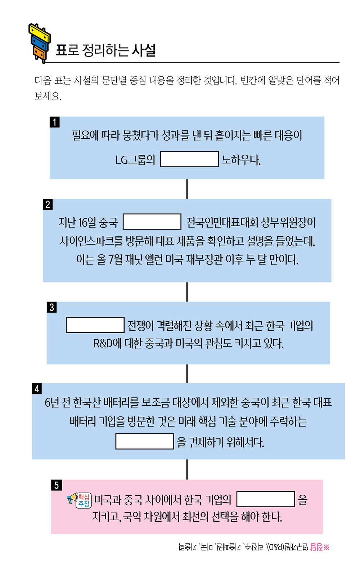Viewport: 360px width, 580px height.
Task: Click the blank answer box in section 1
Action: [189, 159]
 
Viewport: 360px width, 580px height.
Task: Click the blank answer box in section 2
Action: [152, 222]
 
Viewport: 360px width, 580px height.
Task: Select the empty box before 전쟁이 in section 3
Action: [95, 325]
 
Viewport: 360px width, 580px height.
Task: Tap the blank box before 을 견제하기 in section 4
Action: [144, 441]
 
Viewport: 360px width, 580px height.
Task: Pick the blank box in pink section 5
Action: [266, 499]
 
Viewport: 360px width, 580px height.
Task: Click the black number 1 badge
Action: [55, 122]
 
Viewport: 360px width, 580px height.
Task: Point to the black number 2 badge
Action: [48, 204]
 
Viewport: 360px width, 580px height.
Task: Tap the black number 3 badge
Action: [52, 307]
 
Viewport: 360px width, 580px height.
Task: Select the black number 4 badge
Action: [37, 389]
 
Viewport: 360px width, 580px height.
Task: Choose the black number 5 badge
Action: [57, 485]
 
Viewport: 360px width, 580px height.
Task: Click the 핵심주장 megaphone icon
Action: [79, 500]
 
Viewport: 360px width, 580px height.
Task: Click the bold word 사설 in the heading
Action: [144, 50]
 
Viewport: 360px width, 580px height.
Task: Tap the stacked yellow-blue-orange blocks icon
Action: [39, 43]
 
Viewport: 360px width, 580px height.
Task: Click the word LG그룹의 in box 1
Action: [135, 160]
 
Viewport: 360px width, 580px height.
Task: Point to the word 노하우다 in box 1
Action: [241, 160]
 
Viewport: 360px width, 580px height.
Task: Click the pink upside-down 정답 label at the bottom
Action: [316, 547]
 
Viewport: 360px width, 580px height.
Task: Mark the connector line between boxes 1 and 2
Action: [187, 189]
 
